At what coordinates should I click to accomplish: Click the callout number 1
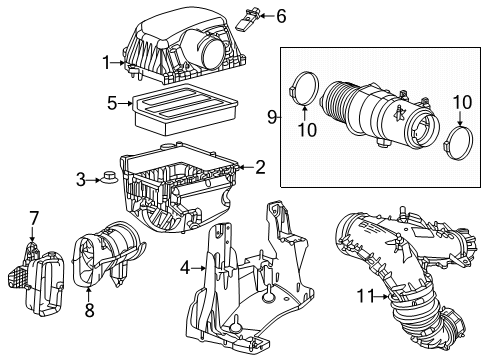coord(106,64)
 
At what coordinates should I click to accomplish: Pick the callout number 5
coord(113,101)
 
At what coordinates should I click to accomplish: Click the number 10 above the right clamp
coord(461,103)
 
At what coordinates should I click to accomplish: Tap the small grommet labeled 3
coord(107,179)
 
